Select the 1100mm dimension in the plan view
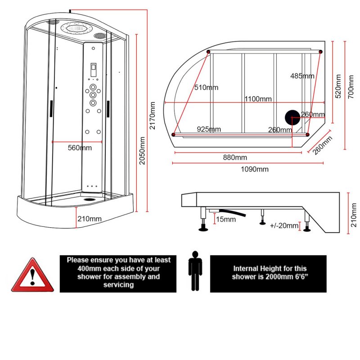pyautogui.click(x=258, y=99)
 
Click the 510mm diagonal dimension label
pyautogui.click(x=206, y=87)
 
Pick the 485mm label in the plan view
pyautogui.click(x=302, y=76)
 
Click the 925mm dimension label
pyautogui.click(x=209, y=129)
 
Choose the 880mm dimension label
pyautogui.click(x=234, y=157)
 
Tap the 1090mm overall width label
pyautogui.click(x=255, y=169)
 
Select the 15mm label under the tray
pyautogui.click(x=225, y=220)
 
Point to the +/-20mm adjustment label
pyautogui.click(x=284, y=225)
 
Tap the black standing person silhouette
pyautogui.click(x=195, y=271)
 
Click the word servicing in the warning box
pyautogui.click(x=118, y=285)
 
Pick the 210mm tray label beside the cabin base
pyautogui.click(x=89, y=219)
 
